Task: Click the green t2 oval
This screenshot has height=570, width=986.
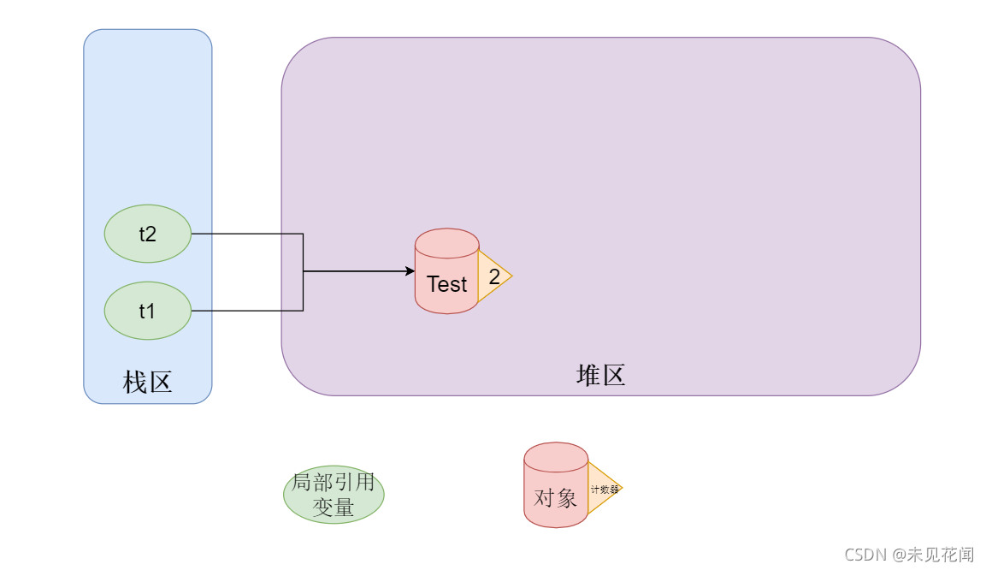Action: click(147, 234)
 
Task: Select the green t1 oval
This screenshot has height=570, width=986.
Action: click(147, 311)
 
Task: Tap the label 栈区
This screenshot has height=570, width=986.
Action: click(147, 382)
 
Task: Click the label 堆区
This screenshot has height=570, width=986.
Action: click(600, 375)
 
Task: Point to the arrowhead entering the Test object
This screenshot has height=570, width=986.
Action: click(410, 271)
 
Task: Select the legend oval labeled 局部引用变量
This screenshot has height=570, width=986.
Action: click(334, 495)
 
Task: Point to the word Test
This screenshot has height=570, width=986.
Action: click(446, 284)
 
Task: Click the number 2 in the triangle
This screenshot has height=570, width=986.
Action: click(494, 276)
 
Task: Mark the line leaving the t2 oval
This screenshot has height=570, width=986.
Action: click(248, 234)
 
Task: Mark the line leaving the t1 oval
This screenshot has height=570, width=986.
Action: click(248, 311)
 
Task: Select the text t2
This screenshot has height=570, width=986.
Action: click(147, 234)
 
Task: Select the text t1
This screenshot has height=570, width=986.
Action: click(147, 311)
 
